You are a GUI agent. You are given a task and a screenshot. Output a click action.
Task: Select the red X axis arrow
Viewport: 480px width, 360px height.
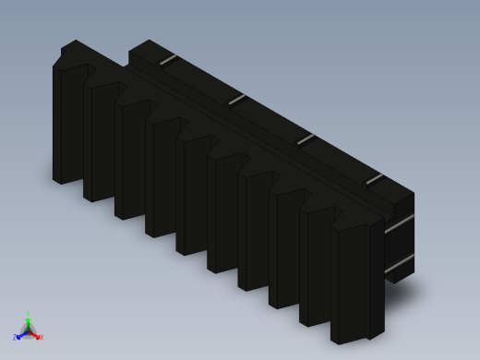35,334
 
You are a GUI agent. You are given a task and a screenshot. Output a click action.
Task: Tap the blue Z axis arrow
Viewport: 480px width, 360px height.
20,335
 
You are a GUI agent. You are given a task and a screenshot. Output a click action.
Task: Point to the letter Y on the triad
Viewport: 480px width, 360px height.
28,314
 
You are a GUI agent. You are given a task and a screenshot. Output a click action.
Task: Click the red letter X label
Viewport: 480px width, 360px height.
41,337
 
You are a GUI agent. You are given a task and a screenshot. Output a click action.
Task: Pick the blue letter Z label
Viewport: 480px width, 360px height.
15,338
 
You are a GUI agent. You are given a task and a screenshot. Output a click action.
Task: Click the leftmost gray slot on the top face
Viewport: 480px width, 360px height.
168,60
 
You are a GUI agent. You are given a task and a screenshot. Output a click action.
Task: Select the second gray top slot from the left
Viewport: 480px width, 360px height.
237,99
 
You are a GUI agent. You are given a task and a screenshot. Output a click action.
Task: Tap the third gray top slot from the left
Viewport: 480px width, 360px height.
306,139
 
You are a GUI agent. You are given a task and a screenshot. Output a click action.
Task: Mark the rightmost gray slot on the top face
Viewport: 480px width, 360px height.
374,178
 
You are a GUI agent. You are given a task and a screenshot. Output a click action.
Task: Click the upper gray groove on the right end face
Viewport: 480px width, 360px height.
399,223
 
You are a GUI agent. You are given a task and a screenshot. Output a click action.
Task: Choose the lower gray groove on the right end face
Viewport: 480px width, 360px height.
399,264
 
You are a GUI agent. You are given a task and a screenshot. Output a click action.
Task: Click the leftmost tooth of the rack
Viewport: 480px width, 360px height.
69,125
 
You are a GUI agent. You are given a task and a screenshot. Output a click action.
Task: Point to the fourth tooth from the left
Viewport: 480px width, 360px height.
162,178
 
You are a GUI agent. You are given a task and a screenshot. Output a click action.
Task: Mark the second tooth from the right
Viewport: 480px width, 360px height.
316,268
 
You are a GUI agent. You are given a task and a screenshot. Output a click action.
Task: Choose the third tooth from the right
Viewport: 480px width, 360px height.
285,250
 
